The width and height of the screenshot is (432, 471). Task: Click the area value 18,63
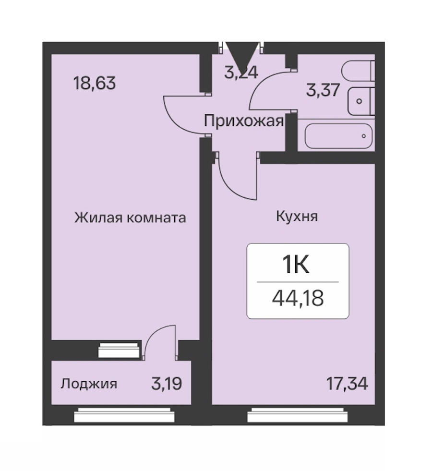point(94,83)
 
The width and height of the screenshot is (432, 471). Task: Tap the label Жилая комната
point(130,217)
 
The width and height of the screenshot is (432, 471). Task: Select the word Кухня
point(297,216)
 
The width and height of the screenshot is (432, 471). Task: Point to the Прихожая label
point(243,121)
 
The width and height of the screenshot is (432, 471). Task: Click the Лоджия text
point(89,384)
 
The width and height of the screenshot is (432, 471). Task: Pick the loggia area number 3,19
point(167,384)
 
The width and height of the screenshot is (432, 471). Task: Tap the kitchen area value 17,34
point(347,384)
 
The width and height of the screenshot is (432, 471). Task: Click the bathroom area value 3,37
point(323,90)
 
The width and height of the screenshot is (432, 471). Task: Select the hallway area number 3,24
point(241,72)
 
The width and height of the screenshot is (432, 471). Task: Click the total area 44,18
point(298,298)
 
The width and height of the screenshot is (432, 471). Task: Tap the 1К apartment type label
point(296,265)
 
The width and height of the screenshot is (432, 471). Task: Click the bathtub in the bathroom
point(338,136)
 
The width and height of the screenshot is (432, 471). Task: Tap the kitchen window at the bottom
point(298,415)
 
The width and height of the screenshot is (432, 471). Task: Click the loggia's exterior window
point(124,415)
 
